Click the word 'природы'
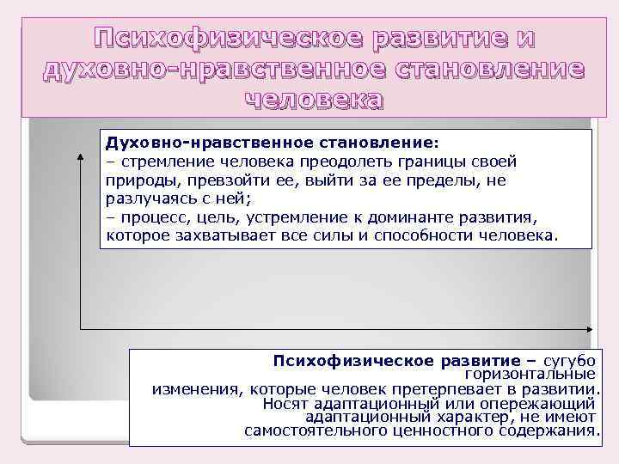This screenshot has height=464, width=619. click(x=137, y=181)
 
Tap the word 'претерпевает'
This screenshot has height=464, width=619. click(x=411, y=388)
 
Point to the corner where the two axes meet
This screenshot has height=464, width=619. click(x=80, y=328)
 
